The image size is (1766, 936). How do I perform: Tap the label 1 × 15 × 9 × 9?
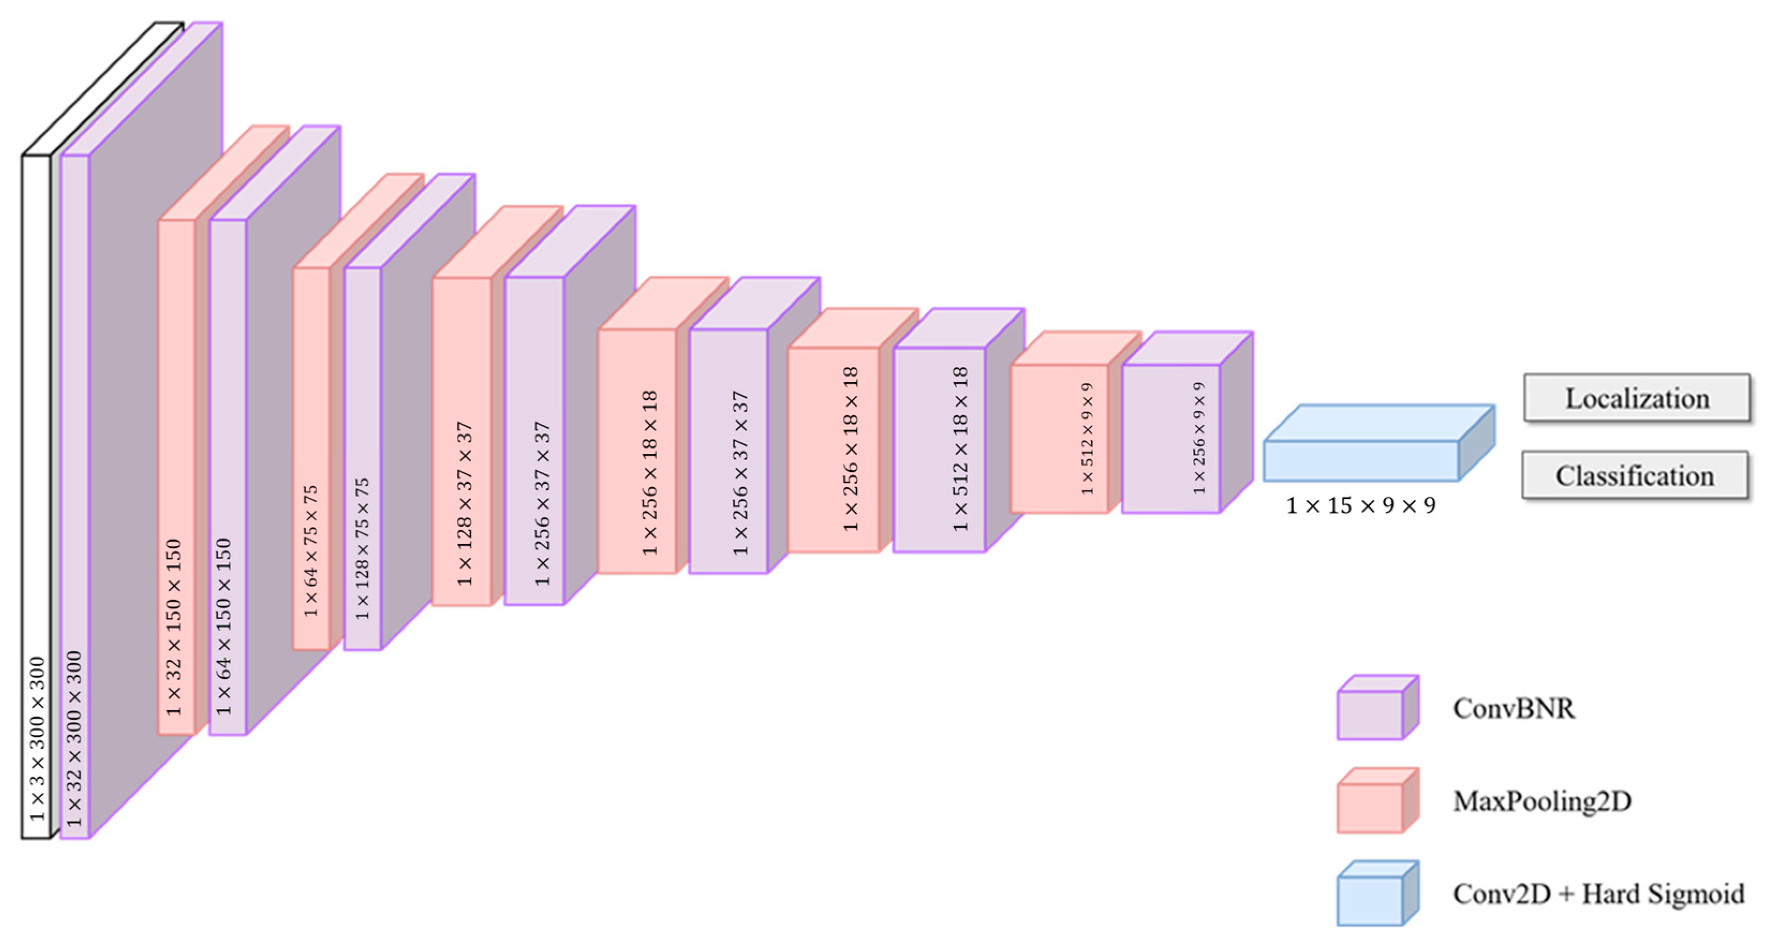coord(1360,506)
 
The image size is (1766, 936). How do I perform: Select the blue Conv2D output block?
coord(1361,460)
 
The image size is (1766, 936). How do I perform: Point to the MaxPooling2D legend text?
coord(1542,801)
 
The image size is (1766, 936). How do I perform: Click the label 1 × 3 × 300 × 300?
coord(37,739)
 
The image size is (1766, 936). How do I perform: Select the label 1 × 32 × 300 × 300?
coord(74,739)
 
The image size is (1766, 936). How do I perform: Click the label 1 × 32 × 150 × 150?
coord(174,628)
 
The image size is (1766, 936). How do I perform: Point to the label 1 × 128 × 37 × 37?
coord(465,504)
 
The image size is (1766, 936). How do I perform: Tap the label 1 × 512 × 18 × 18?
coord(960,449)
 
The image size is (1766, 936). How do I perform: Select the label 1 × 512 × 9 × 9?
coord(1087,439)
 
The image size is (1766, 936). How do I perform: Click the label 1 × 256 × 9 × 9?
coord(1199,439)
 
